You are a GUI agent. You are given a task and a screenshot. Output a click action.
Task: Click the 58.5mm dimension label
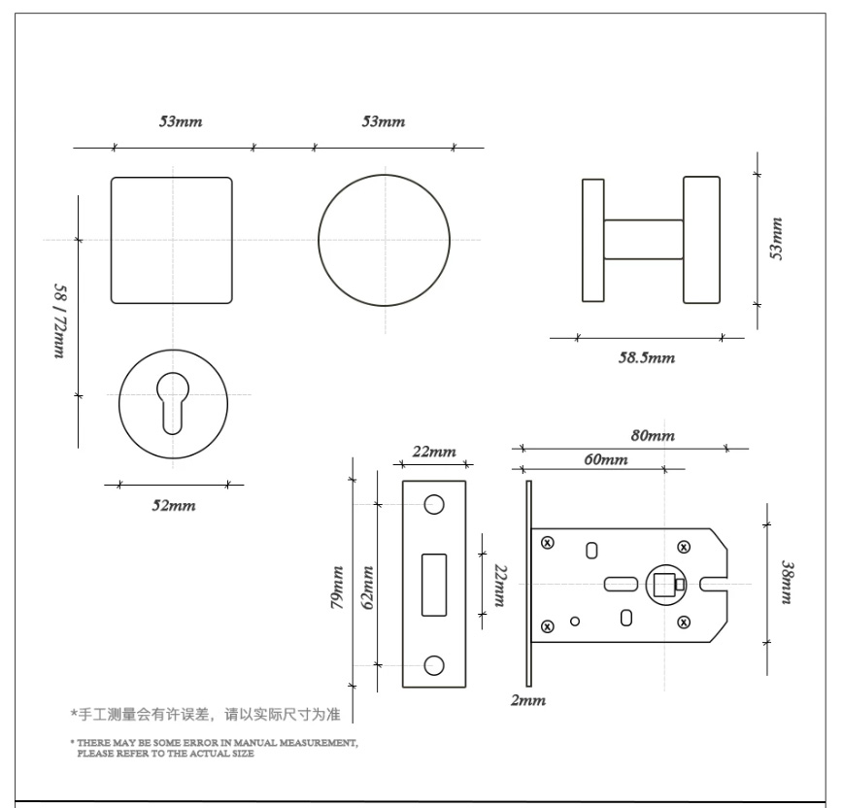646,357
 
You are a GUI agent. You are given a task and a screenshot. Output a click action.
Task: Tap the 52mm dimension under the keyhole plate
174,505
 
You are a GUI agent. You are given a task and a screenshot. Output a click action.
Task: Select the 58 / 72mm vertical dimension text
59,320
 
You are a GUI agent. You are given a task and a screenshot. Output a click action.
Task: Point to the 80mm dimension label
653,435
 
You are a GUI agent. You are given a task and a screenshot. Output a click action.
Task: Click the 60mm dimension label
606,459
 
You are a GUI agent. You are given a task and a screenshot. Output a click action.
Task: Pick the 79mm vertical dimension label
337,587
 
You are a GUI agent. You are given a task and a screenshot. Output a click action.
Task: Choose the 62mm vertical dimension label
368,587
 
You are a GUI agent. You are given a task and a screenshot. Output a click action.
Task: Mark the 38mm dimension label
787,583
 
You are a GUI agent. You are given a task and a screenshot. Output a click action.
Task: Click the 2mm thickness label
528,700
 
